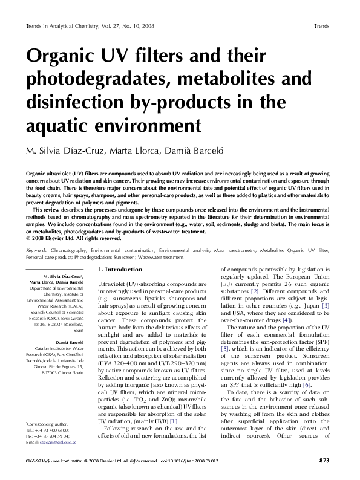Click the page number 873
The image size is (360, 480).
pyautogui.click(x=324, y=461)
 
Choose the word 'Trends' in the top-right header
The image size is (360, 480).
pyautogui.click(x=322, y=27)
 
